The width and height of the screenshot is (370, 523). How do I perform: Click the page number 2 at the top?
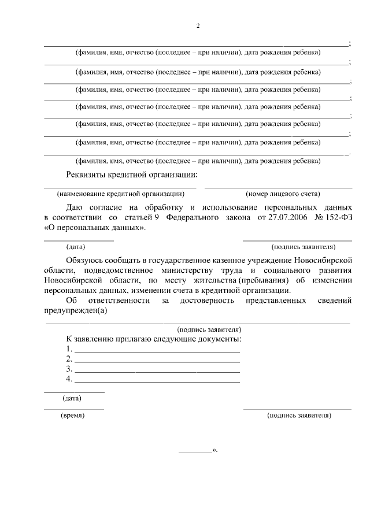(198, 26)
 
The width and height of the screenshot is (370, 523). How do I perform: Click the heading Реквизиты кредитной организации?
(131, 175)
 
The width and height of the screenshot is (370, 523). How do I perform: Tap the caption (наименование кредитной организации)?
(120, 194)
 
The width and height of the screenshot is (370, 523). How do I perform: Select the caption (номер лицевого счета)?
(283, 194)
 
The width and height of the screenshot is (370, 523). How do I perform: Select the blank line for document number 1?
(157, 350)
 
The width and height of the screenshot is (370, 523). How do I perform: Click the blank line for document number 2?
(157, 360)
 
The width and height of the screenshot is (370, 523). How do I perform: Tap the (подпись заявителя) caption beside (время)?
(298, 416)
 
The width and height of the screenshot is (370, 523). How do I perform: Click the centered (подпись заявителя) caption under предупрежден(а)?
(209, 329)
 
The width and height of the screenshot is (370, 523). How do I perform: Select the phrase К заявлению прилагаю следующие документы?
(154, 339)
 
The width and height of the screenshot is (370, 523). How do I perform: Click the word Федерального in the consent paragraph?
(194, 217)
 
